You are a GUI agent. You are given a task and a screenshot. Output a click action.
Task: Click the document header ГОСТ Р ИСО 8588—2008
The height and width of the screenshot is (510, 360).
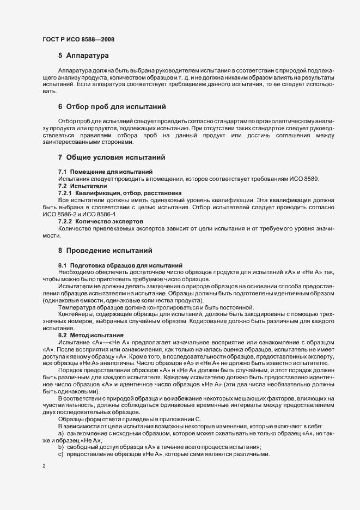point(78,39)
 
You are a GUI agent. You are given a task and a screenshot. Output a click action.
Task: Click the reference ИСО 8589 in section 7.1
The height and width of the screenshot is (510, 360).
point(308,179)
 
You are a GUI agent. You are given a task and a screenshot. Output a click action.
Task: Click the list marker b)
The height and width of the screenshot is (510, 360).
point(61,447)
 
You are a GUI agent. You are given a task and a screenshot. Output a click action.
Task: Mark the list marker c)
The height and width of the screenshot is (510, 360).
point(61,454)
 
